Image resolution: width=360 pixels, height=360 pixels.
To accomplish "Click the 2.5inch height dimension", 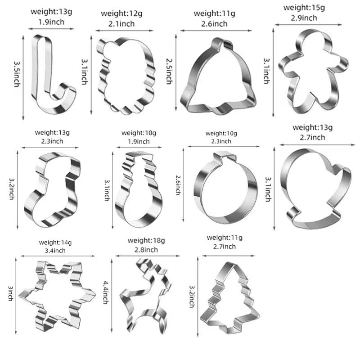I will click(x=169, y=71).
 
